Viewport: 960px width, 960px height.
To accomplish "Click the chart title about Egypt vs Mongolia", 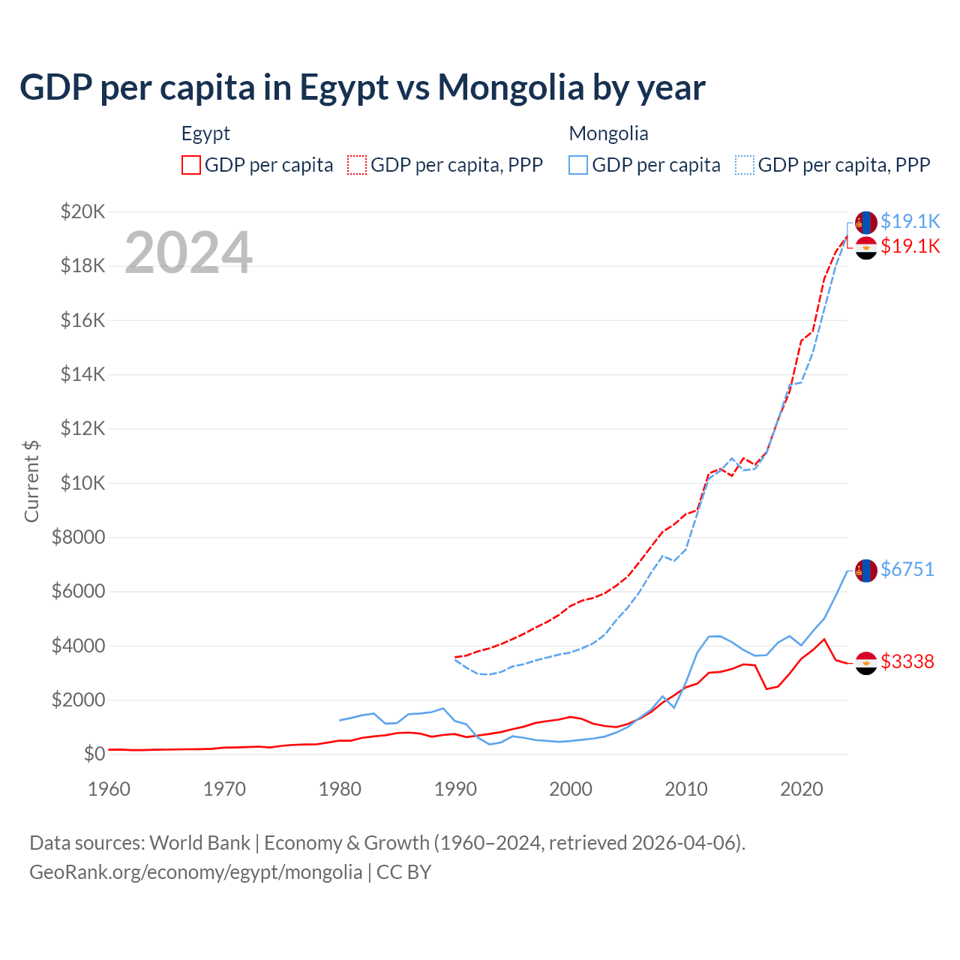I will pyautogui.click(x=362, y=87).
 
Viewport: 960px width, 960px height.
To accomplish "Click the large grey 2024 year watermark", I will pyautogui.click(x=188, y=253).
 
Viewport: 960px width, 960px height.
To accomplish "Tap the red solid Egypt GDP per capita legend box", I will pyautogui.click(x=191, y=165).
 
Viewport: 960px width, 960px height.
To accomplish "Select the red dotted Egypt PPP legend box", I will pyautogui.click(x=357, y=165).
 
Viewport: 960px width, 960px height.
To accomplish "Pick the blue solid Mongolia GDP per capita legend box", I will pyautogui.click(x=578, y=165).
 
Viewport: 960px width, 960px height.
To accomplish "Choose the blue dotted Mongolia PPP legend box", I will pyautogui.click(x=745, y=165).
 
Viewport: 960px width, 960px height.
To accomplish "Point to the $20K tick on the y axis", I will pyautogui.click(x=83, y=211).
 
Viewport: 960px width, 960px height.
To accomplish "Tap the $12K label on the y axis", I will pyautogui.click(x=83, y=429).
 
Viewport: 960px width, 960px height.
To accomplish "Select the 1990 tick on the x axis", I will pyautogui.click(x=455, y=789).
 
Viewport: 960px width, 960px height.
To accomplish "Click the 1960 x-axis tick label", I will pyautogui.click(x=109, y=789).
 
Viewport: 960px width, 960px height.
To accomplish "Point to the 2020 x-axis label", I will pyautogui.click(x=802, y=789).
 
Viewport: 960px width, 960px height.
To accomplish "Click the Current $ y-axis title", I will pyautogui.click(x=31, y=481).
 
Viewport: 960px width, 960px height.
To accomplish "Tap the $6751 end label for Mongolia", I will pyautogui.click(x=907, y=569).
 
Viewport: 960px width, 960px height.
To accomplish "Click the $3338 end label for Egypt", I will pyautogui.click(x=907, y=661).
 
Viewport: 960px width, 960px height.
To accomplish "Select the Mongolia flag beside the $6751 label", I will pyautogui.click(x=866, y=571).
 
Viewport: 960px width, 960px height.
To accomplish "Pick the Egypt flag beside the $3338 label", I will pyautogui.click(x=866, y=663).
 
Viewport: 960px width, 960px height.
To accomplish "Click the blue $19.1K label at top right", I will pyautogui.click(x=910, y=221).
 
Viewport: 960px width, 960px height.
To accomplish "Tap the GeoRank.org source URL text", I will pyautogui.click(x=196, y=872).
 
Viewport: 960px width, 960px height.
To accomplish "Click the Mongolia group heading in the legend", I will pyautogui.click(x=608, y=133).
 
